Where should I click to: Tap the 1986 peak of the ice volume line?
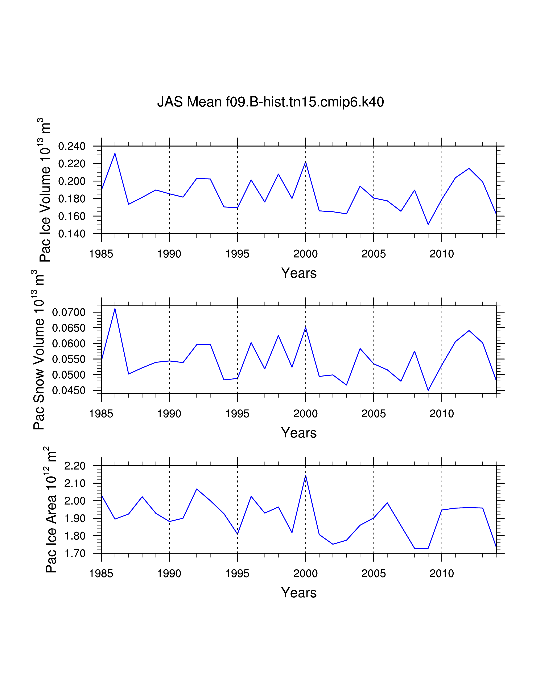(115, 154)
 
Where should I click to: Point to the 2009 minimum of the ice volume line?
(428, 224)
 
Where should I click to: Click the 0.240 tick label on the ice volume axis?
(72, 146)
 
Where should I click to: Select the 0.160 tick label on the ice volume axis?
(72, 216)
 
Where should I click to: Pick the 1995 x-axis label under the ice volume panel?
(237, 254)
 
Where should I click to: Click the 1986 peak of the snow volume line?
(115, 308)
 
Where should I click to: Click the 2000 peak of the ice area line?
(305, 475)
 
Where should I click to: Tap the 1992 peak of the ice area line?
(197, 489)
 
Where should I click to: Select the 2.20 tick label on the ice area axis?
(75, 466)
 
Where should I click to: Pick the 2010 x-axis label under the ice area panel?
(441, 574)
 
